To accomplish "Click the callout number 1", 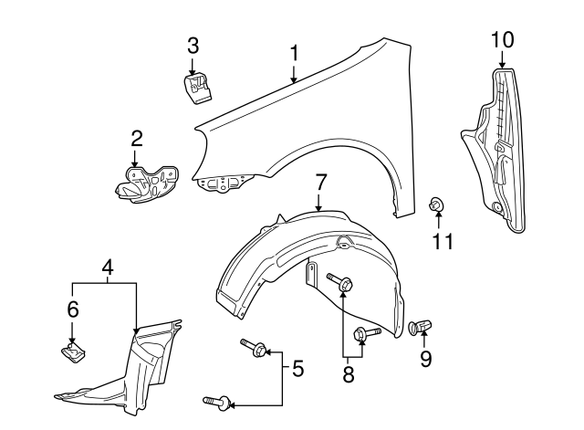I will coord(294,54).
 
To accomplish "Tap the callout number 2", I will coord(136,139).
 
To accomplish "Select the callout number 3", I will coord(193,45).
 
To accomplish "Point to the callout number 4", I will coord(108,268).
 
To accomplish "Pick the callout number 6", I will coord(73,310).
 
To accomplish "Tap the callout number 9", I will coord(426,360).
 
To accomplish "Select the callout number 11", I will coord(442,241).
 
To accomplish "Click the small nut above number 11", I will coord(436,205).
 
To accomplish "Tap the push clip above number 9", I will coord(423,325).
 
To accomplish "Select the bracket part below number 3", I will coord(198,89).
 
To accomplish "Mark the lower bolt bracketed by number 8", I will coord(365,334).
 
